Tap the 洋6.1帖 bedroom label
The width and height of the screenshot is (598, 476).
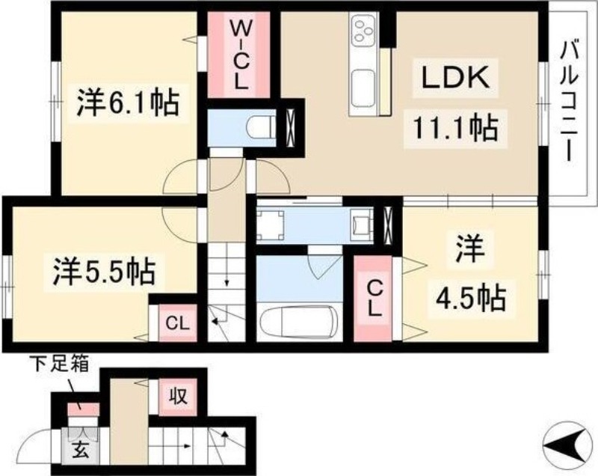pyautogui.click(x=128, y=103)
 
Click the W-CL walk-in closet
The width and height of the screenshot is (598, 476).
pyautogui.click(x=238, y=56)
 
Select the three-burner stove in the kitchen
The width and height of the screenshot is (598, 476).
pyautogui.click(x=363, y=32)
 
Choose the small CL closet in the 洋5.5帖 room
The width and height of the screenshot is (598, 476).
pyautogui.click(x=175, y=325)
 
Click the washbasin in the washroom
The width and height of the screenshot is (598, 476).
pyautogui.click(x=362, y=223)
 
